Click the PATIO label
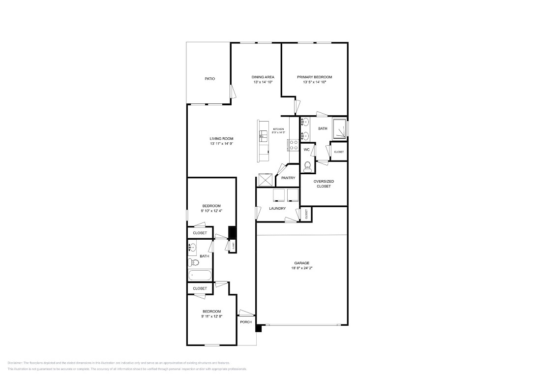coord(209,79)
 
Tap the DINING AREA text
coord(263,77)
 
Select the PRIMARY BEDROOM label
coord(314,77)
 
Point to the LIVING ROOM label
coord(221,139)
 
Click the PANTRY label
coord(288,178)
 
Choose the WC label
coord(306,149)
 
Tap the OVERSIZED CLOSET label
coord(324,184)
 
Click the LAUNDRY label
coord(277,209)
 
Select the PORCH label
coord(246,322)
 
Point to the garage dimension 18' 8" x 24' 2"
coord(302,268)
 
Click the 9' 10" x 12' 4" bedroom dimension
coord(211,211)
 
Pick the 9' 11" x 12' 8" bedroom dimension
coord(211,316)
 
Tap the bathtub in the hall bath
coord(199,275)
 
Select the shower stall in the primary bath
coord(339,128)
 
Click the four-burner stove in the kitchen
coord(293,145)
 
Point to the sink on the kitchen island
coord(263,133)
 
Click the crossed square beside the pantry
coord(265,180)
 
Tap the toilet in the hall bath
coord(193,262)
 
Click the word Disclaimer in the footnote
coord(16,363)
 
